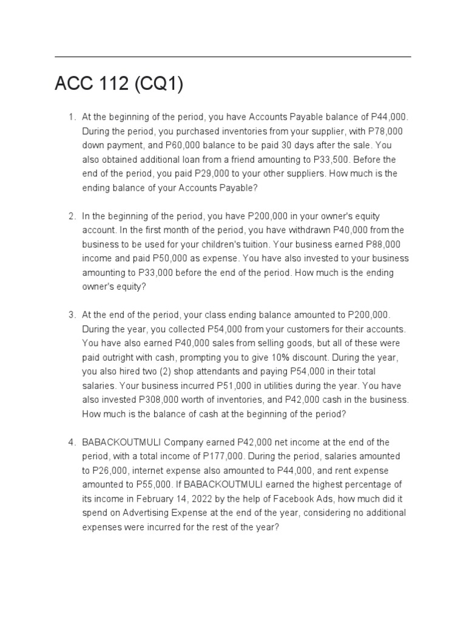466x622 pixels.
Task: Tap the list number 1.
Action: pyautogui.click(x=71, y=117)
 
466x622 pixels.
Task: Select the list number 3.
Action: pyautogui.click(x=71, y=315)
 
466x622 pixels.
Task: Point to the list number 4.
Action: pyautogui.click(x=71, y=442)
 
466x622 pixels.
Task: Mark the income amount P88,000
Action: pyautogui.click(x=383, y=244)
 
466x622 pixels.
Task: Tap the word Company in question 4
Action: pyautogui.click(x=192, y=442)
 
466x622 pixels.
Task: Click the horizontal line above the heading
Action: pyautogui.click(x=233, y=57)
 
